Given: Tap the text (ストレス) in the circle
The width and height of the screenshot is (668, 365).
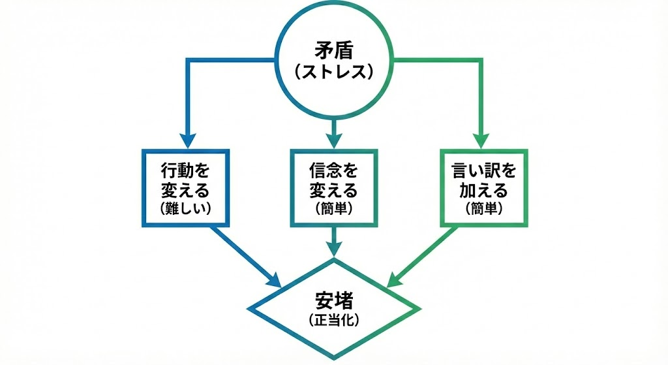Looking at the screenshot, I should click(x=333, y=71).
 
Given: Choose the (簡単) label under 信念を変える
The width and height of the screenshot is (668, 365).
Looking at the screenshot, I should click(x=333, y=208).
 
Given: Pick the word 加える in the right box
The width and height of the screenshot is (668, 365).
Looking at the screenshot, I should click(x=483, y=191).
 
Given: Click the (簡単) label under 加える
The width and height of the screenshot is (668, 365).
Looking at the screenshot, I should click(x=483, y=208).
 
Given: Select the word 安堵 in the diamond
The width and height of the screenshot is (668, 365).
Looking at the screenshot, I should click(x=333, y=300).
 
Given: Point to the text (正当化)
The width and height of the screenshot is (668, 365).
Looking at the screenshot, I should click(x=333, y=320).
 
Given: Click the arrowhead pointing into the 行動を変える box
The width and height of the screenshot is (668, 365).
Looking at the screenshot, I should click(x=187, y=140).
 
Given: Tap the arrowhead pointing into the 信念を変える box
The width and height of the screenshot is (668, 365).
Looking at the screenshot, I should click(x=333, y=140).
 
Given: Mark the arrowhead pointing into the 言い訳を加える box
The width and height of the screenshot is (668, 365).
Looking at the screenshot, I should click(x=481, y=140).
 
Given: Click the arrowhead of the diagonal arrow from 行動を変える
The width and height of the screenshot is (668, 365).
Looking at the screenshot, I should click(x=274, y=281).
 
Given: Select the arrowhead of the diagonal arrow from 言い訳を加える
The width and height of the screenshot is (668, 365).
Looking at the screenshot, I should click(x=394, y=281).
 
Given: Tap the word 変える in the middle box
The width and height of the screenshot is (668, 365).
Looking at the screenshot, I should click(x=333, y=191).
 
